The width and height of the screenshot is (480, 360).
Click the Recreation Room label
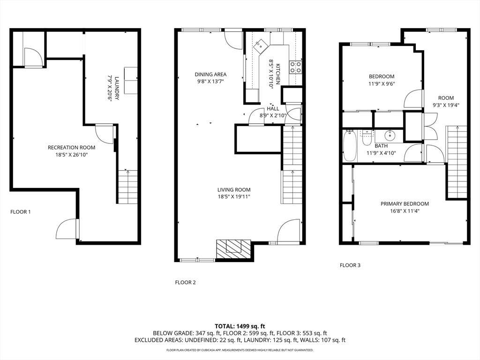[68, 147]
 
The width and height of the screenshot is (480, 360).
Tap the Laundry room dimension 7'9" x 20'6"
[111, 88]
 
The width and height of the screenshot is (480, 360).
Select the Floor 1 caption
[21, 212]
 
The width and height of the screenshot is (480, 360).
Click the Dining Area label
[210, 74]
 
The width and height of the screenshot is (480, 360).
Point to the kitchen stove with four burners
[295, 67]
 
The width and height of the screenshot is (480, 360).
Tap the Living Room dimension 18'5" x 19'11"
[233, 197]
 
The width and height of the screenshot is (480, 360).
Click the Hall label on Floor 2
[273, 108]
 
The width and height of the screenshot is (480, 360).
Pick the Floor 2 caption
[185, 282]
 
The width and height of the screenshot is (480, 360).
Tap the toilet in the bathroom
[367, 138]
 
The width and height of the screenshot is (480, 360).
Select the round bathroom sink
[390, 136]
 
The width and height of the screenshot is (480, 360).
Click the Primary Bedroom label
[405, 204]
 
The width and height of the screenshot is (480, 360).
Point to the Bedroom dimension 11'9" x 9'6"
[381, 84]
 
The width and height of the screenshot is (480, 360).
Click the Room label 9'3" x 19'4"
[445, 98]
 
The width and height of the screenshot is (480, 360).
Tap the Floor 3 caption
[350, 265]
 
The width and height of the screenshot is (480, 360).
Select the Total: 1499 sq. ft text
[240, 326]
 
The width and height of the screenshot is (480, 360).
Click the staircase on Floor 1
[127, 187]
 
